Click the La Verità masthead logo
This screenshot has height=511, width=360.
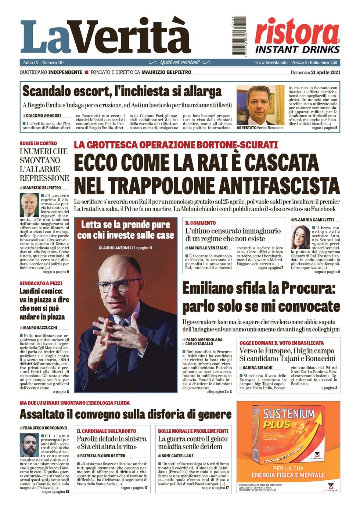pyautogui.click(x=106, y=37)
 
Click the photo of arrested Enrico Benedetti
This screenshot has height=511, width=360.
pyautogui.click(x=260, y=105)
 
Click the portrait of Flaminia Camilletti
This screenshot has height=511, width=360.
pyautogui.click(x=300, y=237)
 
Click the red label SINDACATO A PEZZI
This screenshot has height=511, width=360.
pyautogui.click(x=41, y=283)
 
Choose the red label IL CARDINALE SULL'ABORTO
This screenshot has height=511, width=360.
pyautogui.click(x=107, y=431)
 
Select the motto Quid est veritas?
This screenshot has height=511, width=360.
pyautogui.click(x=180, y=62)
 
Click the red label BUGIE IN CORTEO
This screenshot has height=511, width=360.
pyautogui.click(x=39, y=143)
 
